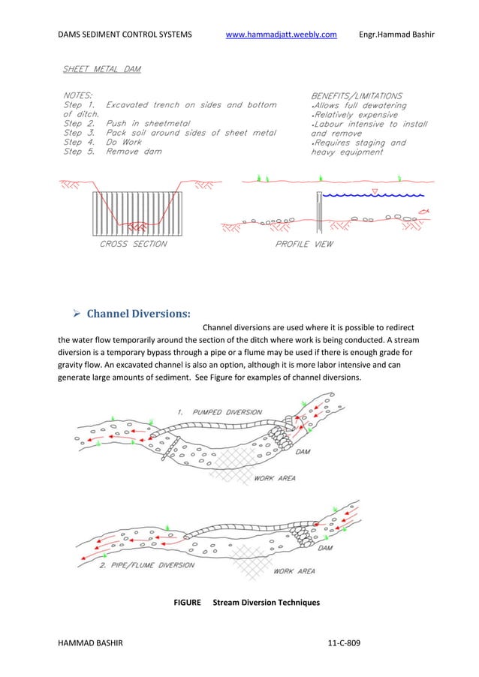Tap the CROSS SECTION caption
point(134,244)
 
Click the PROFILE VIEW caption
point(305,244)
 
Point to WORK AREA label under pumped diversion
point(275,477)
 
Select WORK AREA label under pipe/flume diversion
point(294,571)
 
